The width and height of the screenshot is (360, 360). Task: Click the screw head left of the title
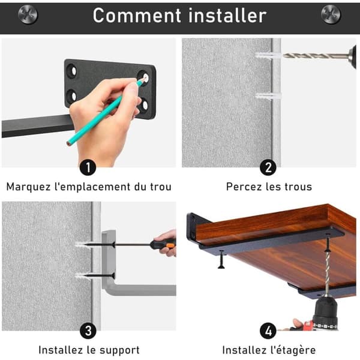(28, 14)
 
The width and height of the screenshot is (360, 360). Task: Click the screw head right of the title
(331, 14)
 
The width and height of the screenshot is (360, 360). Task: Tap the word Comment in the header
(137, 16)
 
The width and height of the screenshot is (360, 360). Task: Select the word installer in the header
(227, 15)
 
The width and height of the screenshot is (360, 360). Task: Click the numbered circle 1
(88, 167)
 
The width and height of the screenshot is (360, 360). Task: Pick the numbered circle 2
(268, 167)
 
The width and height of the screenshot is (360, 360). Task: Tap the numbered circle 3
(88, 331)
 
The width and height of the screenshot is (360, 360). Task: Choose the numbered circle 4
(268, 331)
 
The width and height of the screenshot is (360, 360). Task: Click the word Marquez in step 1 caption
(28, 187)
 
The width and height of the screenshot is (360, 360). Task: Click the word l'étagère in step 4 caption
(293, 350)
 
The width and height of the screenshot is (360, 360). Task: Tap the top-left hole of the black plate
(72, 71)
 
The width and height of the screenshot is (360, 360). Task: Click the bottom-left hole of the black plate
(72, 96)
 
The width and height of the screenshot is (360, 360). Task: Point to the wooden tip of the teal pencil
(68, 144)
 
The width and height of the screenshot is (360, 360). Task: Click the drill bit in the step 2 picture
(316, 56)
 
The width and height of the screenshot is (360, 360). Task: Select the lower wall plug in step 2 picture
(269, 95)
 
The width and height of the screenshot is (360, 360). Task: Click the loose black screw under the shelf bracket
(221, 259)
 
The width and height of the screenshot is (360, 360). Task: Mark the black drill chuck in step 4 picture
(326, 313)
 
